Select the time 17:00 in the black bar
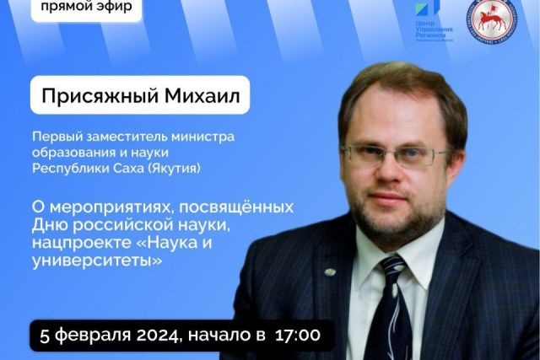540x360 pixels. (x=294, y=335)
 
